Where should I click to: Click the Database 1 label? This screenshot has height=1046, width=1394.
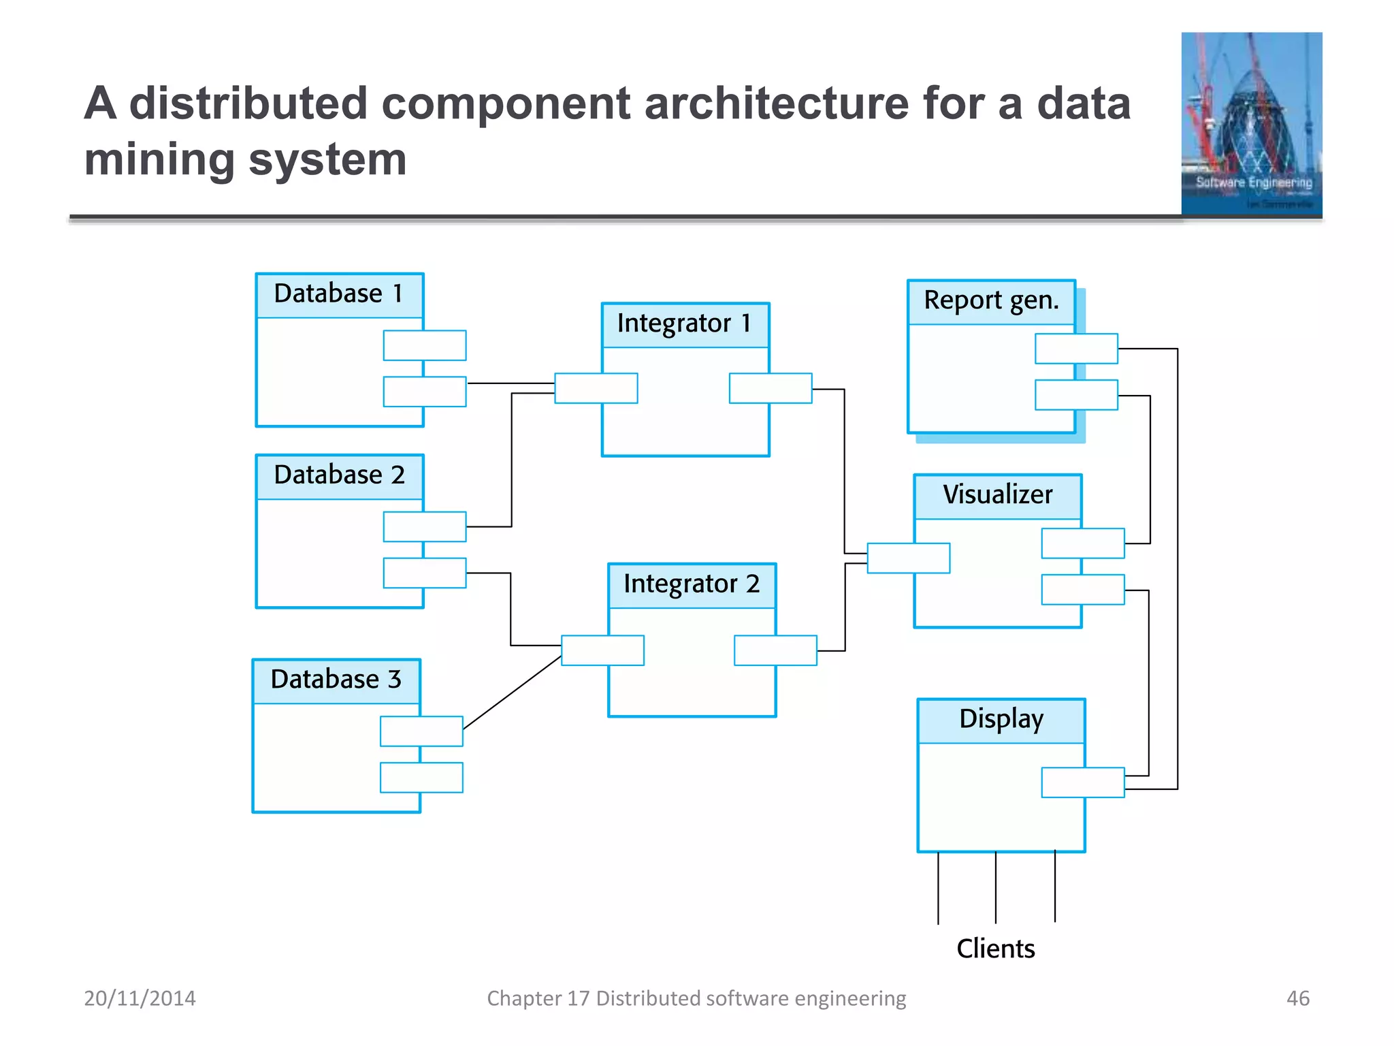click(338, 294)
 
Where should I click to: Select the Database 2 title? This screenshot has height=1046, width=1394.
click(339, 475)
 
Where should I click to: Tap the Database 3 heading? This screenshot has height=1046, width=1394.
click(336, 680)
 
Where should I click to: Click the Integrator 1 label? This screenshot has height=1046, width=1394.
click(684, 323)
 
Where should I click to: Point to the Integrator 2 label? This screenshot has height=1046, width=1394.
click(691, 584)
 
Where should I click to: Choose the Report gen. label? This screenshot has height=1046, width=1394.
click(991, 300)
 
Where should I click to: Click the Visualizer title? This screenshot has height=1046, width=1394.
click(997, 495)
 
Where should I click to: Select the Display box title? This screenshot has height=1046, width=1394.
click(1001, 720)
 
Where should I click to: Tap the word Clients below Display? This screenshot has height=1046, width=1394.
click(995, 949)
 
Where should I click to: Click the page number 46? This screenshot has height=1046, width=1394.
click(1297, 998)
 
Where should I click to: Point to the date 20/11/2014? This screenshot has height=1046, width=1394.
click(140, 998)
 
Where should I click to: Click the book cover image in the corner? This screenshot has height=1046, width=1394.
click(1251, 124)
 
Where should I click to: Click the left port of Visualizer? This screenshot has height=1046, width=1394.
click(908, 558)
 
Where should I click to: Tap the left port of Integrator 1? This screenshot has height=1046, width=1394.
click(596, 388)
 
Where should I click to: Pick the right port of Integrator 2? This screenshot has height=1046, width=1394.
click(775, 650)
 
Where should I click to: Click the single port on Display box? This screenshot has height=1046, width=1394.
click(1082, 782)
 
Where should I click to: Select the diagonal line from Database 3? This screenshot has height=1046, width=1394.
click(512, 693)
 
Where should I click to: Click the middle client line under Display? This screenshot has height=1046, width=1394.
click(996, 887)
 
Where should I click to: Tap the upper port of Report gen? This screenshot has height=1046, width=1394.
click(1076, 349)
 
